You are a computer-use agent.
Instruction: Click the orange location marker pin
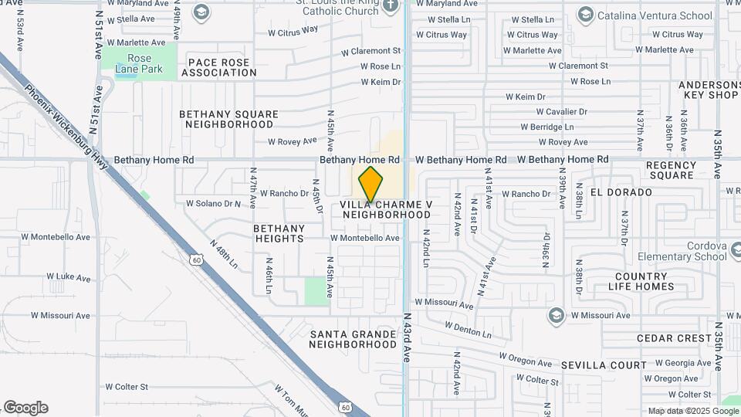[x=371, y=185]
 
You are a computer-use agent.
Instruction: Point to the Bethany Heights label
[x=279, y=233]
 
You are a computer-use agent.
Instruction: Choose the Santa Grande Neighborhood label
[x=353, y=339]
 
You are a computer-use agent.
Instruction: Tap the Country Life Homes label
[x=645, y=281]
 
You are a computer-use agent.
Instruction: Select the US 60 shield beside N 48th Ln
[x=198, y=260]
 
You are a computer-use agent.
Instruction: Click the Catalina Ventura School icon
[x=585, y=15]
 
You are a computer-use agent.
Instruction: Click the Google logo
[x=25, y=408]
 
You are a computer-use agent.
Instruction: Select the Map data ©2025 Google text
[x=693, y=411]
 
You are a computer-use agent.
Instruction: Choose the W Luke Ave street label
[x=69, y=276]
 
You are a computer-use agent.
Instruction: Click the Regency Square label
[x=671, y=170]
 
